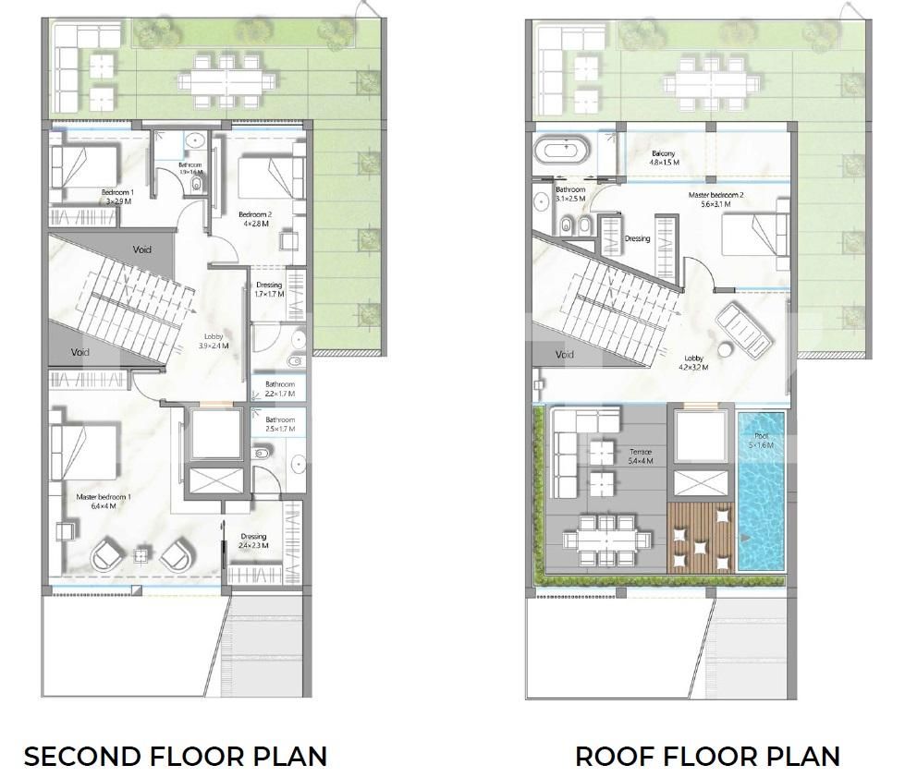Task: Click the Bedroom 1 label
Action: (x=118, y=197)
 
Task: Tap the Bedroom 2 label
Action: (x=254, y=218)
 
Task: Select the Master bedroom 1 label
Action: (x=104, y=502)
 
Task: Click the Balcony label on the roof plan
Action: (x=664, y=158)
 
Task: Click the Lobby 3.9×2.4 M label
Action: (x=213, y=341)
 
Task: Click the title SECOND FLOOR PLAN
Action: (x=176, y=757)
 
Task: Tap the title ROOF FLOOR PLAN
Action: (x=707, y=757)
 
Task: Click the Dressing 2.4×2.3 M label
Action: (x=253, y=540)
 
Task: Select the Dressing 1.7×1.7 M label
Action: (x=269, y=289)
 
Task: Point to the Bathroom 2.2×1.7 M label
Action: (x=279, y=389)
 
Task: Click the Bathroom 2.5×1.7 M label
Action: (x=279, y=424)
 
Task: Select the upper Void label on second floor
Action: (x=141, y=249)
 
